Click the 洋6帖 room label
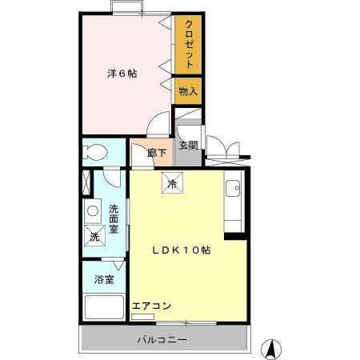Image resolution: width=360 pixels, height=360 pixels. pyautogui.click(x=122, y=74)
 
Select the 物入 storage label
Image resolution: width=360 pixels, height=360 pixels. pyautogui.click(x=188, y=92)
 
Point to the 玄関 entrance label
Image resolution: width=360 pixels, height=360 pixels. pyautogui.click(x=188, y=145)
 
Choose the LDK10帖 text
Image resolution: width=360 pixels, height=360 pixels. pyautogui.click(x=182, y=250)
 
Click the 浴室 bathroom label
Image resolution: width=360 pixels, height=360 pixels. pyautogui.click(x=104, y=280)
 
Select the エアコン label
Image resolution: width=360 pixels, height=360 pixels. pyautogui.click(x=150, y=305)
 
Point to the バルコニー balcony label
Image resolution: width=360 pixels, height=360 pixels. pyautogui.click(x=161, y=340)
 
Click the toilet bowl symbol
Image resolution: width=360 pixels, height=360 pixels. pyautogui.click(x=96, y=152)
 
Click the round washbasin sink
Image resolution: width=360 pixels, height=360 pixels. pyautogui.click(x=93, y=212)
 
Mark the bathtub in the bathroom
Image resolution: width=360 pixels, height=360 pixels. pyautogui.click(x=103, y=308)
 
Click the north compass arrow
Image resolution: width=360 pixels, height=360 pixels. pyautogui.click(x=273, y=349)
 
